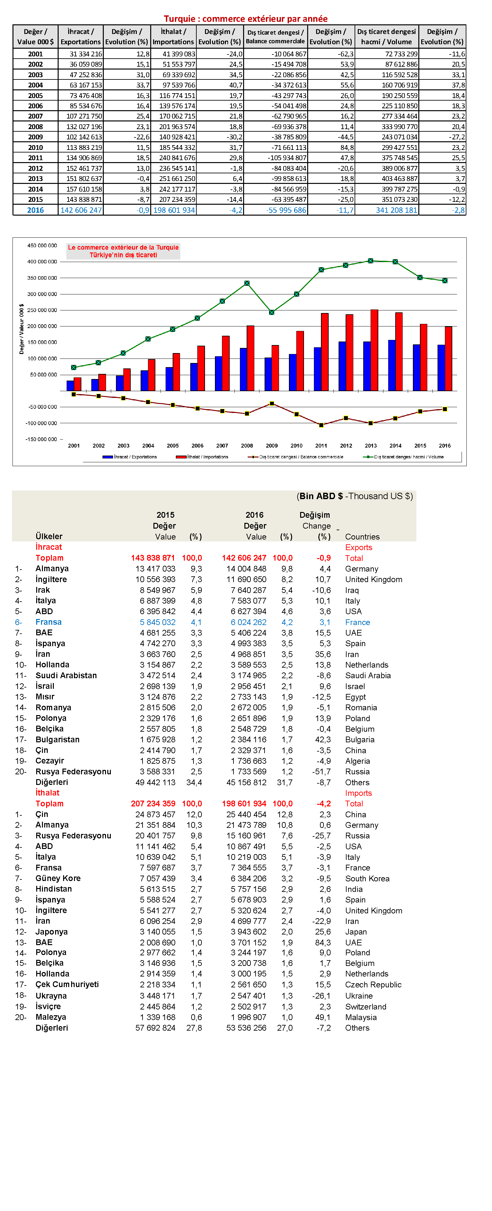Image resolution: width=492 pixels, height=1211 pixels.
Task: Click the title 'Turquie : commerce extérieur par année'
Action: pyautogui.click(x=245, y=19)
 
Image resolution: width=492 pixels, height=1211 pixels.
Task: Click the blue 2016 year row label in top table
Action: pyautogui.click(x=35, y=210)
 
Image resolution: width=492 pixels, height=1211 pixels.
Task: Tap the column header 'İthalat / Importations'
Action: pyautogui.click(x=173, y=37)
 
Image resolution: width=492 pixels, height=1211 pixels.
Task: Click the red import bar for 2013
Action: pyautogui.click(x=374, y=350)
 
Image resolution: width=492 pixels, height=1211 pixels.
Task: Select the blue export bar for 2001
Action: pyautogui.click(x=70, y=385)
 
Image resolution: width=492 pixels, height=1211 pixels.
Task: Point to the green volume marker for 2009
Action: pyautogui.click(x=272, y=312)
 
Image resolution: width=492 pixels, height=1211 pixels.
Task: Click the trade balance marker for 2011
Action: pyautogui.click(x=321, y=425)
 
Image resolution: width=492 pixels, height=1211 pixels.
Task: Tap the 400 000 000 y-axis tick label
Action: pyautogui.click(x=42, y=261)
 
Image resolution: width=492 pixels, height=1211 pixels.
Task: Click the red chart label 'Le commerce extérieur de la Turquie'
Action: pyautogui.click(x=123, y=247)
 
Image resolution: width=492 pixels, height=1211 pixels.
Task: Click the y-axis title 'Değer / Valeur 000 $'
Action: pyautogui.click(x=21, y=329)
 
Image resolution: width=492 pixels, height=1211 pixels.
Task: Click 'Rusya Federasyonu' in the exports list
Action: pyautogui.click(x=73, y=771)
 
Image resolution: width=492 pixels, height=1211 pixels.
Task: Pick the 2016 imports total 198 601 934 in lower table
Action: pyautogui.click(x=244, y=804)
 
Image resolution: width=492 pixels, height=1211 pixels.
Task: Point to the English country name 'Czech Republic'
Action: pyautogui.click(x=373, y=984)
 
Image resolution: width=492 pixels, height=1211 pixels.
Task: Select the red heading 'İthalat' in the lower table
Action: pyautogui.click(x=47, y=793)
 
